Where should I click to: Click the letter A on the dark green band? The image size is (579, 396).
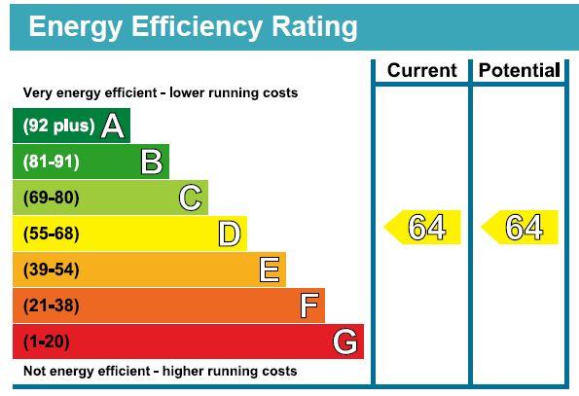pos(113,126)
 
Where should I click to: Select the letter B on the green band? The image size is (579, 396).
pos(152,162)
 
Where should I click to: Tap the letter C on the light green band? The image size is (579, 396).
pos(191,198)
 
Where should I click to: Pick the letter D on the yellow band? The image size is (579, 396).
pos(230,234)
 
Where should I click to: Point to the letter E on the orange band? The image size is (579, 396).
pos(270,270)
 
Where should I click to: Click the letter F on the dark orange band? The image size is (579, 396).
pos(309,306)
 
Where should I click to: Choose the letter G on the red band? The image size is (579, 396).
pos(344,342)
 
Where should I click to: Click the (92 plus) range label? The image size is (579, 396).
pos(58,126)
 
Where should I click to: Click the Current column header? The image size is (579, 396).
pos(421,70)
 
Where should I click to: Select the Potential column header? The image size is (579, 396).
pos(519,70)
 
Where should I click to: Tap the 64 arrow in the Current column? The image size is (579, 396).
pos(423,228)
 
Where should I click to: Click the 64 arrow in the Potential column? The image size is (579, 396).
pos(521,228)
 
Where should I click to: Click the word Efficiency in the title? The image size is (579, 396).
pos(183,26)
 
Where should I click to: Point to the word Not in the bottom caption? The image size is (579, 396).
pos(34,372)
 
